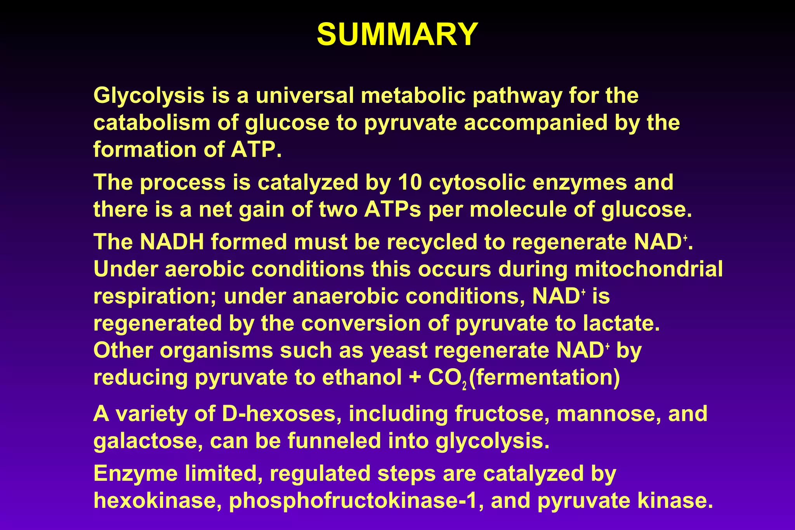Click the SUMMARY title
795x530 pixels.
tap(397, 35)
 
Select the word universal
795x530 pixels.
tap(305, 95)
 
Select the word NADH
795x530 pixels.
tap(172, 242)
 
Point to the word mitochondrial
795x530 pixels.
tap(648, 269)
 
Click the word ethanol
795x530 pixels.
tap(362, 378)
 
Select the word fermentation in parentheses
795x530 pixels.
tap(544, 378)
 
